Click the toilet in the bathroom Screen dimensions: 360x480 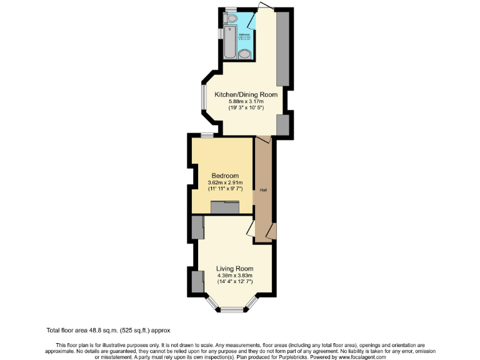coord(231,19)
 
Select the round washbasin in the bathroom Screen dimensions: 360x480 coord(246,52)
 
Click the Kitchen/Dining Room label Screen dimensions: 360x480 coord(246,94)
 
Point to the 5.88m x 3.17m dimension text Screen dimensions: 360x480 coord(246,101)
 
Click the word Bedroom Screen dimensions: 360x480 coord(223,176)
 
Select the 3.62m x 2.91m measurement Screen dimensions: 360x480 coord(223,182)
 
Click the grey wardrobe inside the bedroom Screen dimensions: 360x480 coord(225,207)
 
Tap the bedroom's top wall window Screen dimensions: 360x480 coord(207,135)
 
